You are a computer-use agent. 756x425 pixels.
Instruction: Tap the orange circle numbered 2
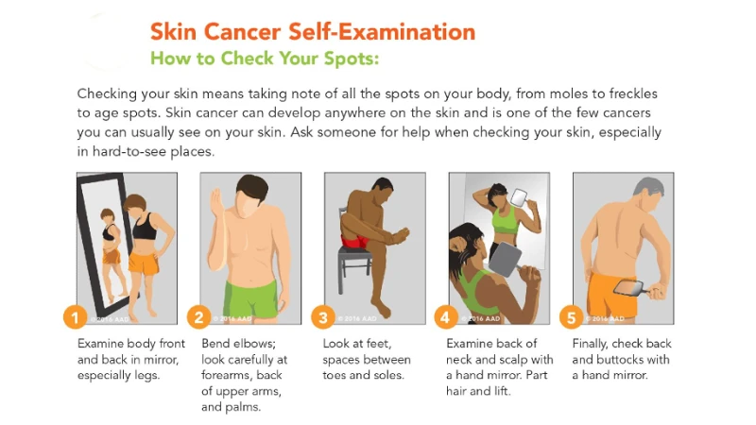[199, 316]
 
